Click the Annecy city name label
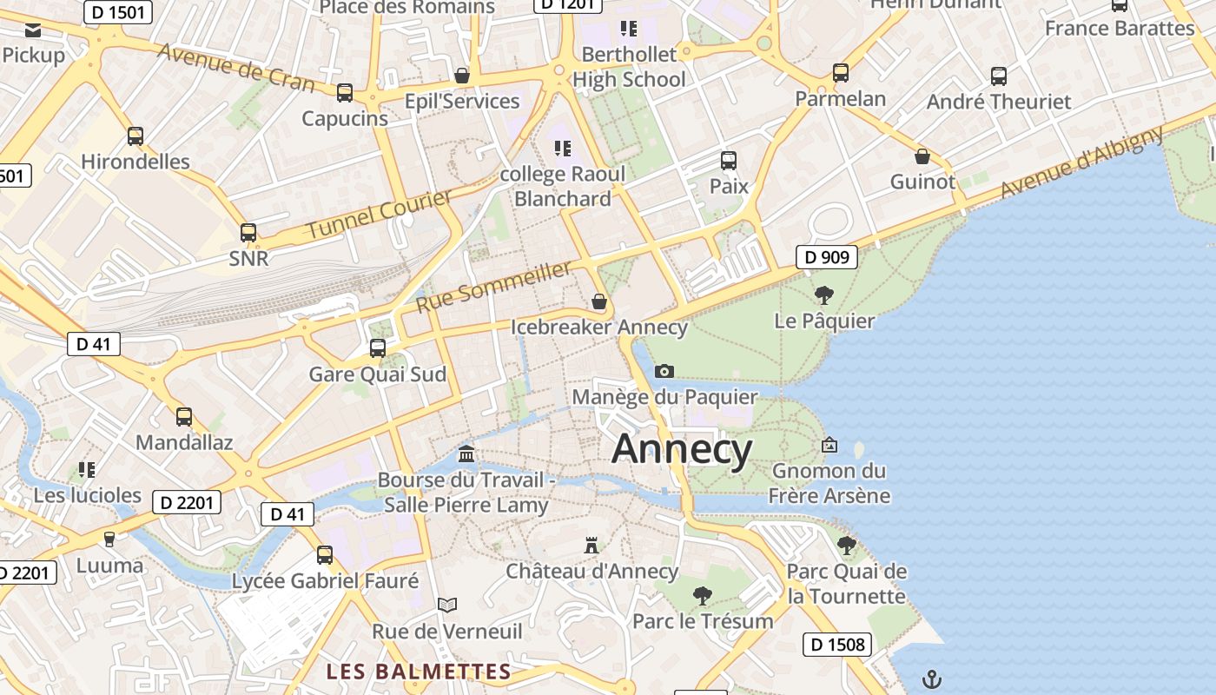(x=682, y=449)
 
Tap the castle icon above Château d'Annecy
(x=591, y=546)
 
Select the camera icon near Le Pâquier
(x=664, y=371)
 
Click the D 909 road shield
(x=827, y=257)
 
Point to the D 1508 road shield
(x=837, y=644)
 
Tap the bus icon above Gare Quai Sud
(x=378, y=348)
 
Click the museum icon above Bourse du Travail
(x=466, y=453)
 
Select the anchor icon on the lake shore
(x=931, y=678)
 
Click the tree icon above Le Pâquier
(x=824, y=295)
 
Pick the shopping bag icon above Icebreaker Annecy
(x=598, y=302)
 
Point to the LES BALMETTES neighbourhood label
(x=419, y=672)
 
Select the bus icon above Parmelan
(x=840, y=73)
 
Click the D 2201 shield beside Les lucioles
(x=187, y=502)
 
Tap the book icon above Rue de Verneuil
(x=447, y=605)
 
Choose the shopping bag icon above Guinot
(x=922, y=156)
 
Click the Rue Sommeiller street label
(x=494, y=287)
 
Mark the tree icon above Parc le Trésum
(x=703, y=596)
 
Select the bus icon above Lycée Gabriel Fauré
(x=325, y=555)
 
